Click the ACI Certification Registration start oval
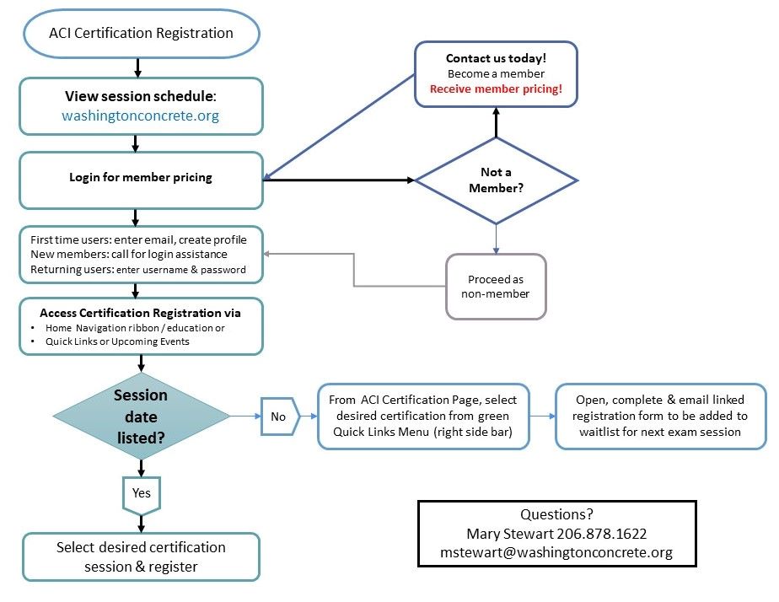click(141, 34)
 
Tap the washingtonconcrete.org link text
click(140, 116)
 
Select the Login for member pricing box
click(141, 178)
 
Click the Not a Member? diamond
click(496, 180)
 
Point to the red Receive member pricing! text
click(496, 89)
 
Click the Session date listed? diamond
click(141, 416)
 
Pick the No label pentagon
click(279, 416)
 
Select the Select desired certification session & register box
click(141, 556)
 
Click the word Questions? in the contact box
click(556, 515)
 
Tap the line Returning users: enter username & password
click(137, 270)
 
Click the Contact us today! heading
click(496, 59)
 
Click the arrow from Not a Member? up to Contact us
click(496, 123)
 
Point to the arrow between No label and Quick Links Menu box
click(307, 416)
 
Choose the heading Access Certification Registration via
click(140, 313)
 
